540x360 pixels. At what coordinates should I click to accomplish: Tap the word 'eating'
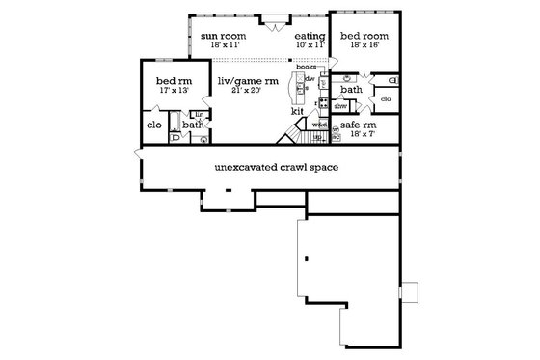point(310,36)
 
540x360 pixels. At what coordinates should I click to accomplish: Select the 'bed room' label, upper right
point(364,36)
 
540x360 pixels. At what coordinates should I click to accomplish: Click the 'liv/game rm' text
point(246,79)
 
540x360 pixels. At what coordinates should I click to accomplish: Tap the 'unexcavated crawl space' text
point(269,167)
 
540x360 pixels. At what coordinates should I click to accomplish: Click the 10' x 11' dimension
point(310,44)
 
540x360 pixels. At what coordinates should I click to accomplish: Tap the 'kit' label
point(297,112)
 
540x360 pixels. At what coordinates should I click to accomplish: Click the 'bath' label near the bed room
point(350,89)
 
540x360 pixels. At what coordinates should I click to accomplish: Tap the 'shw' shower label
point(340,105)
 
